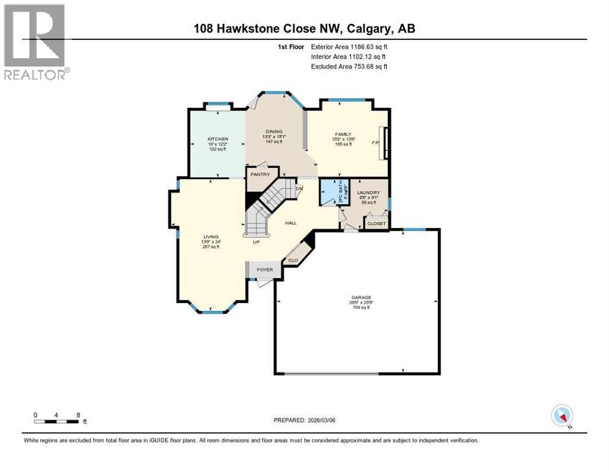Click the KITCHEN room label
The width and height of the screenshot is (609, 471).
(x=217, y=139)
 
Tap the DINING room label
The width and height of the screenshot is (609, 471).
(x=274, y=131)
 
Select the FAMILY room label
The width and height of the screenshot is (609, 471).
(x=342, y=134)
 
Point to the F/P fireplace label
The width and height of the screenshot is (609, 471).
(x=376, y=142)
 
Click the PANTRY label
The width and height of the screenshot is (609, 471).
(x=260, y=175)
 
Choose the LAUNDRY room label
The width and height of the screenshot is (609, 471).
(x=369, y=193)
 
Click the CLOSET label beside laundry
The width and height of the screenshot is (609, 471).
(x=376, y=224)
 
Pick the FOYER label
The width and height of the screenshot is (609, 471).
(x=265, y=270)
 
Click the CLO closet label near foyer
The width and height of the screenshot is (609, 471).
(x=293, y=261)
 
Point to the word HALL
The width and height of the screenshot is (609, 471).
(x=291, y=223)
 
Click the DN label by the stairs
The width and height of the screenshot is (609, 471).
(x=300, y=188)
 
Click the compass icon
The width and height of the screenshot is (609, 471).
(x=561, y=415)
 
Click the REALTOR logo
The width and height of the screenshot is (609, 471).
(x=35, y=42)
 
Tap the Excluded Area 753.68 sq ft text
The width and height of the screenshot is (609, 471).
(x=349, y=66)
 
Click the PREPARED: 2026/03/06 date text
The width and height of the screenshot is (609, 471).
(x=304, y=420)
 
